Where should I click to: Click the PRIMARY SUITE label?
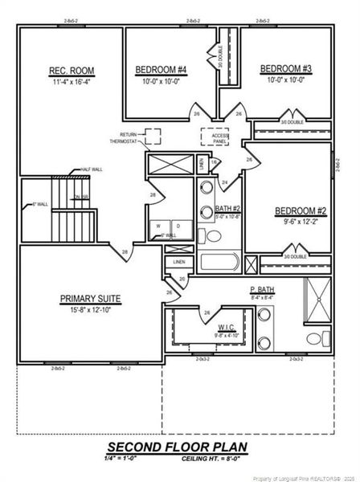(90, 298)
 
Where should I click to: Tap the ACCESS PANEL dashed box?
(215, 137)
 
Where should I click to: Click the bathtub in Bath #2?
(219, 263)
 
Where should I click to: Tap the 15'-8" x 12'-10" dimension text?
(90, 309)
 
